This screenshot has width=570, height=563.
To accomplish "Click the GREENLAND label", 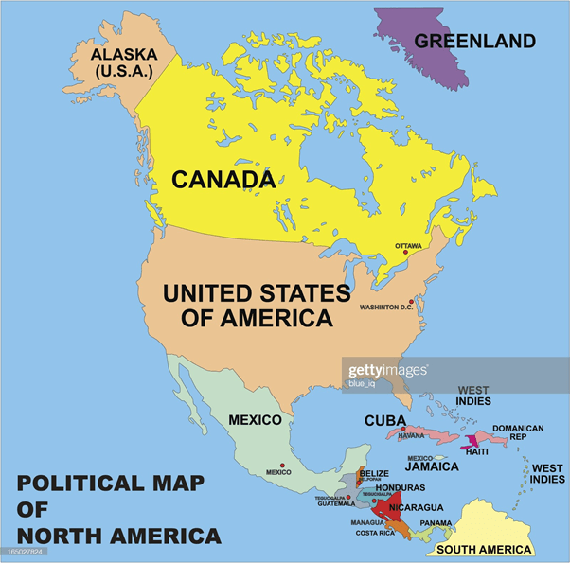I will pyautogui.click(x=474, y=41).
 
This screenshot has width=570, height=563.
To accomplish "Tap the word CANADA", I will pyautogui.click(x=223, y=178).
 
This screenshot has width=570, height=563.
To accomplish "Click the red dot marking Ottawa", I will pyautogui.click(x=406, y=254).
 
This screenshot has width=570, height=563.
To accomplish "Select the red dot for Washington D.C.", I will pyautogui.click(x=411, y=302).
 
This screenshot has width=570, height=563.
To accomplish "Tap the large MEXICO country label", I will pyautogui.click(x=255, y=420).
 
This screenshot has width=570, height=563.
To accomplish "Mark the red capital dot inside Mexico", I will pyautogui.click(x=281, y=465).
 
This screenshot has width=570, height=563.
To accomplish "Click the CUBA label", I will pyautogui.click(x=384, y=421).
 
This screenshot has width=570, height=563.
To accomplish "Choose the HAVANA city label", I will pyautogui.click(x=411, y=436).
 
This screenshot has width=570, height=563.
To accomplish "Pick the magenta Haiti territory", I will pyautogui.click(x=471, y=441).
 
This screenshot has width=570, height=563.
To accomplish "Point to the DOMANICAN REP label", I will pyautogui.click(x=518, y=433).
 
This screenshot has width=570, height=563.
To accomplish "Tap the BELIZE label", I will pyautogui.click(x=374, y=473).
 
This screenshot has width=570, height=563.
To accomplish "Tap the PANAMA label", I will pyautogui.click(x=436, y=523).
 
